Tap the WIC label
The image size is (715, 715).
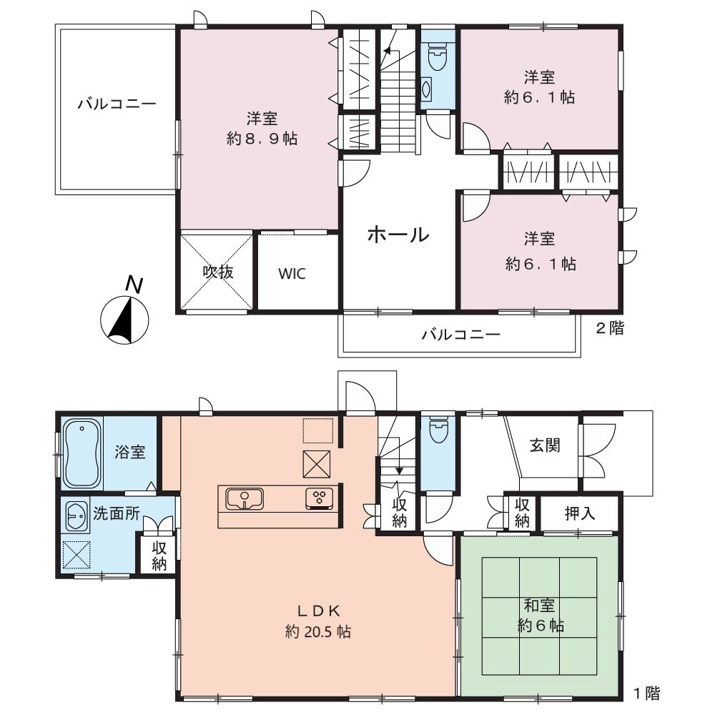click(292, 274)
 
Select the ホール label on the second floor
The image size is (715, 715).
click(398, 235)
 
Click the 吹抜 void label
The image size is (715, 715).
click(218, 272)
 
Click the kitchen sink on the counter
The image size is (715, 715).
click(245, 498)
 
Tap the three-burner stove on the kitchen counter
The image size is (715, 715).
click(319, 498)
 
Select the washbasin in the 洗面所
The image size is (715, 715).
click(77, 516)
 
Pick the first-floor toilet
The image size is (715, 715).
click(438, 430)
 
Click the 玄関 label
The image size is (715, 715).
click(545, 445)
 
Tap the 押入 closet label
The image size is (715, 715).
click(580, 513)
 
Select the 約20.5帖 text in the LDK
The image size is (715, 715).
click(318, 631)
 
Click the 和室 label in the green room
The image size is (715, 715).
click(539, 606)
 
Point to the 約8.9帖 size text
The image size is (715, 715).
click(262, 138)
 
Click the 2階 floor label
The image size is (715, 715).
click(610, 328)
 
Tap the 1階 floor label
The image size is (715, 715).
click(646, 694)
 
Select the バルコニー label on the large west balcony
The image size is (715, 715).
click(117, 104)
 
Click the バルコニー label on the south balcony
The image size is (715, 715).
click(460, 335)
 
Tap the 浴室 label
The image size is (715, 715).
click(130, 452)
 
